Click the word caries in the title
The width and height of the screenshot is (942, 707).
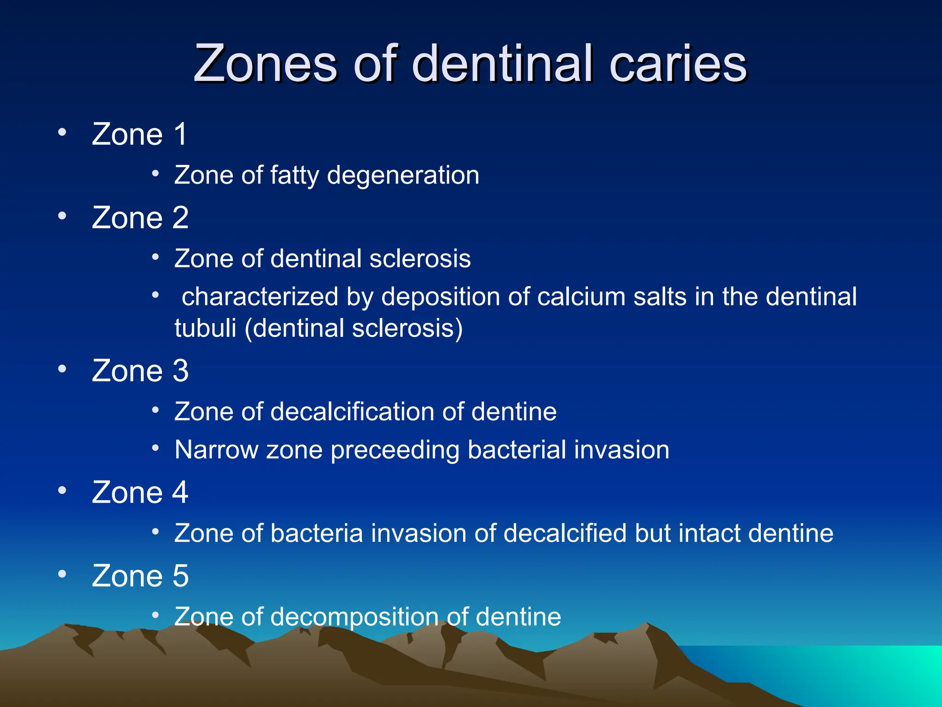pyautogui.click(x=678, y=64)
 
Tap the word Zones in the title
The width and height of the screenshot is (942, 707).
pyautogui.click(x=265, y=64)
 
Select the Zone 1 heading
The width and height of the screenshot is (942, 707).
pyautogui.click(x=139, y=134)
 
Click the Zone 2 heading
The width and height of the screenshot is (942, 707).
pyautogui.click(x=140, y=218)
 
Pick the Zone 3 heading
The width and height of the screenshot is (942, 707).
pyautogui.click(x=140, y=371)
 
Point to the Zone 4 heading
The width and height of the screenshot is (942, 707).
pyautogui.click(x=140, y=493)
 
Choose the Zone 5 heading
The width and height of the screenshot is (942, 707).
pyautogui.click(x=140, y=576)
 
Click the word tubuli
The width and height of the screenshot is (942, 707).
pyautogui.click(x=205, y=329)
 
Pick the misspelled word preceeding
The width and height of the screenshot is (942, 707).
pyautogui.click(x=395, y=450)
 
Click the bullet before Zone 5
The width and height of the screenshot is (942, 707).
pyautogui.click(x=62, y=574)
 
